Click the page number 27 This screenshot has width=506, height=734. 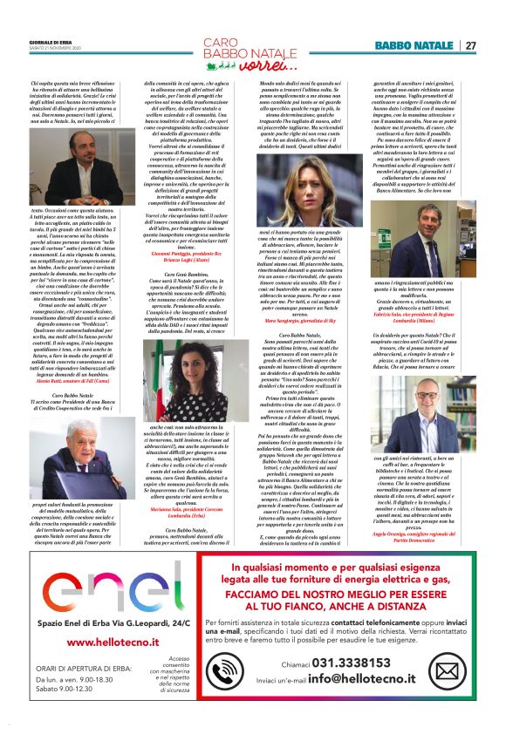(469, 45)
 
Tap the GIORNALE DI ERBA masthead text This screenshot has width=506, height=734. (49, 42)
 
